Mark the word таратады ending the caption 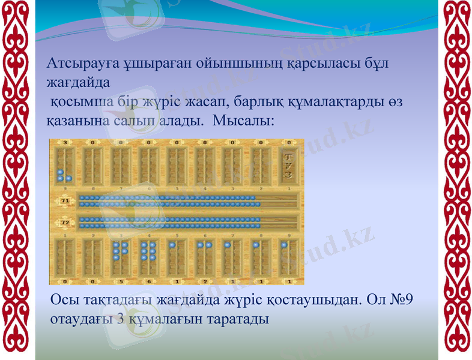(237, 318)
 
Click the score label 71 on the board (64, 200)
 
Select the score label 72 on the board (64, 223)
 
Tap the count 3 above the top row (64, 143)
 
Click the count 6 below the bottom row (149, 281)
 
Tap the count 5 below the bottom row (121, 281)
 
